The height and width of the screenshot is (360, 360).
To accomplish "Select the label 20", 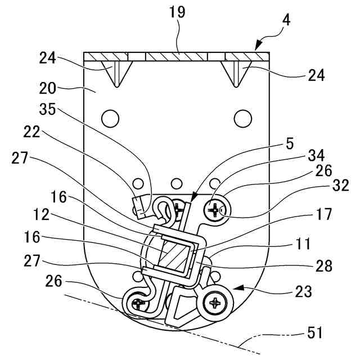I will [x=48, y=88].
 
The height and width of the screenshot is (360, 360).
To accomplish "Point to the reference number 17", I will [x=323, y=214].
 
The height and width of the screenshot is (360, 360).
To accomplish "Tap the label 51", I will [x=315, y=333].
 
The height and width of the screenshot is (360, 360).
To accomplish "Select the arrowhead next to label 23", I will [x=240, y=288].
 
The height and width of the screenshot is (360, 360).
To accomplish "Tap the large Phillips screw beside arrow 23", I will [x=216, y=303].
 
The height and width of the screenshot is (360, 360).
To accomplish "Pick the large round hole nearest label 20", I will [x=111, y=118].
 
